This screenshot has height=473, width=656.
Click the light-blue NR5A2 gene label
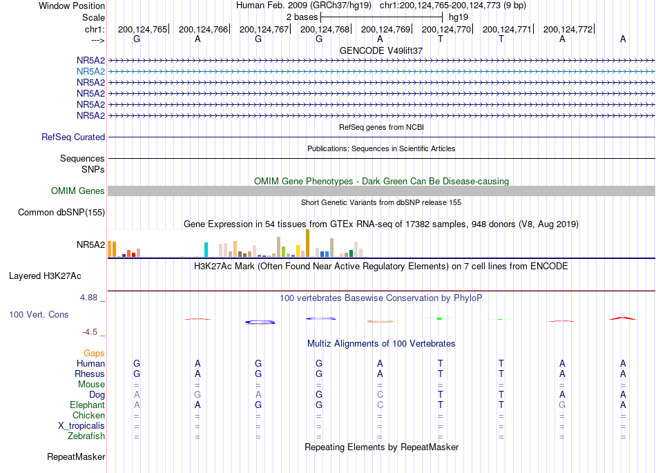(x=90, y=72)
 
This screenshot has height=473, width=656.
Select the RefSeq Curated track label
(x=73, y=137)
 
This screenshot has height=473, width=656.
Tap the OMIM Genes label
(x=77, y=191)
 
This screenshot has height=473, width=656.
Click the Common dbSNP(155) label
(x=61, y=213)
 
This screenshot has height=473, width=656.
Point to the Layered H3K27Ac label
(x=45, y=276)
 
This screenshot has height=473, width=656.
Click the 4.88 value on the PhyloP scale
(x=88, y=298)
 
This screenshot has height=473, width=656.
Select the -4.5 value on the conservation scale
(x=90, y=332)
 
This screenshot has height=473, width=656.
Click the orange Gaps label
(x=94, y=354)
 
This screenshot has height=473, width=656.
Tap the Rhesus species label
(x=90, y=374)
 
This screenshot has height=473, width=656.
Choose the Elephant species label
(x=87, y=405)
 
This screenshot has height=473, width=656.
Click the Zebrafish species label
(x=86, y=436)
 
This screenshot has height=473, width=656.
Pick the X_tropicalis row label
(x=81, y=426)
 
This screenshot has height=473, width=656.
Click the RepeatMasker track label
(x=76, y=456)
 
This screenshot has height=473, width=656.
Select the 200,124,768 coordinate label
(x=325, y=29)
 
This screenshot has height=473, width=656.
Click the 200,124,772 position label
(x=568, y=29)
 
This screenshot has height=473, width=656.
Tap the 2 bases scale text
(x=302, y=17)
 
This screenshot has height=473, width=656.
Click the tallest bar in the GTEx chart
(x=307, y=243)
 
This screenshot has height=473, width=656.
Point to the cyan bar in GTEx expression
(x=206, y=250)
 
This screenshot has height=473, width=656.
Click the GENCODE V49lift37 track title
(x=381, y=50)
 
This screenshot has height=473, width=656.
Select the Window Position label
(x=72, y=6)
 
